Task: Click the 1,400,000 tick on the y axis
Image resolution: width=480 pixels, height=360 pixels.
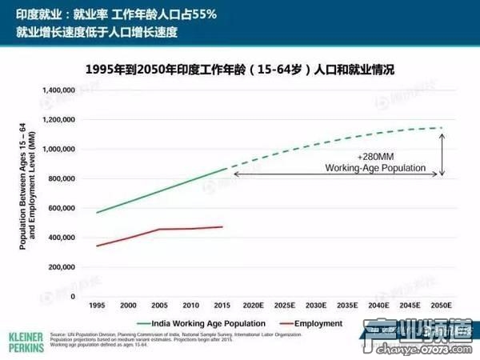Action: point(57,90)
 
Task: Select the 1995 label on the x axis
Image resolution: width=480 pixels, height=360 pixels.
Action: point(98,306)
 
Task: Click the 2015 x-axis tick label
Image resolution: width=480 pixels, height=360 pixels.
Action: point(222,306)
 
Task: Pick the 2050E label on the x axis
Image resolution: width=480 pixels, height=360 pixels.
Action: point(441,306)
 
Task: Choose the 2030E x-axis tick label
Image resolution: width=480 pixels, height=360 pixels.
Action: point(316,306)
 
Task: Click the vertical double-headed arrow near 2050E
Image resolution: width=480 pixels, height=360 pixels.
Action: point(441,153)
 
